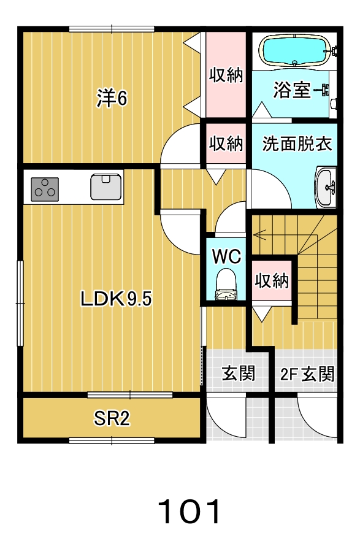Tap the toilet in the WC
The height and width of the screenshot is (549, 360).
226,284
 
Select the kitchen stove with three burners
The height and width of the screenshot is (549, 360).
45,190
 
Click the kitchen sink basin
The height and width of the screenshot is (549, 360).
105,186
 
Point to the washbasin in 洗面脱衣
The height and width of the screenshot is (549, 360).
326,187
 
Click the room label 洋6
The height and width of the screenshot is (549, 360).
112,98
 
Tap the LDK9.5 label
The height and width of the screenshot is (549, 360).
116,299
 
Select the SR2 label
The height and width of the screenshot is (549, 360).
112,418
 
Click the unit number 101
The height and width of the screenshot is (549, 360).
190,512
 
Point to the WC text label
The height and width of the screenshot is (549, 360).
227,256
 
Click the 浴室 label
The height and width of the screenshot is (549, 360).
292,90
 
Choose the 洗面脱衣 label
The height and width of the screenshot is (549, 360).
297,144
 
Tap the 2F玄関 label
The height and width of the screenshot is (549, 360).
307,374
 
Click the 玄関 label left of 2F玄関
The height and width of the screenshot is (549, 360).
238,373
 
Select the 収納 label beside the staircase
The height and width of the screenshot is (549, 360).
272,280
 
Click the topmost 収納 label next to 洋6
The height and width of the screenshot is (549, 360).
226,75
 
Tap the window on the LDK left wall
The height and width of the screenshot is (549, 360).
21,303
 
